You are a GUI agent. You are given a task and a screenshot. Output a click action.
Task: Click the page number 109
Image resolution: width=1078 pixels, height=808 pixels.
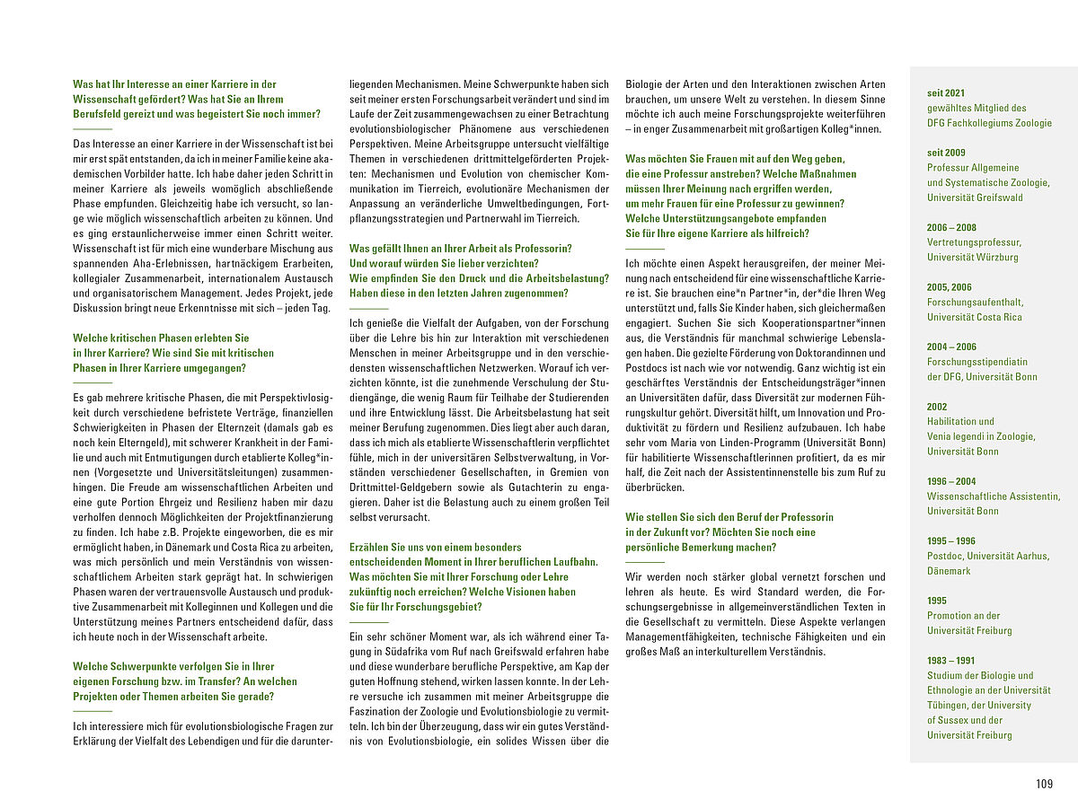pyautogui.click(x=1043, y=784)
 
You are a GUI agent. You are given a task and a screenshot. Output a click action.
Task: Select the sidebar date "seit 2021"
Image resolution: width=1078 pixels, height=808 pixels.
pyautogui.click(x=946, y=92)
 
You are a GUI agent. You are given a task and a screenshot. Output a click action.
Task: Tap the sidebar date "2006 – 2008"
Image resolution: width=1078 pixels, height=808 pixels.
pyautogui.click(x=951, y=227)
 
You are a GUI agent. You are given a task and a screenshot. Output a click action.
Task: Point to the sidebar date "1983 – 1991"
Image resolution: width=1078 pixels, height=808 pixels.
pyautogui.click(x=951, y=661)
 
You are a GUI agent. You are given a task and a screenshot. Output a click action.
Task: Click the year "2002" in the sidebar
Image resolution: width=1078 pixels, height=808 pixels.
pyautogui.click(x=938, y=407)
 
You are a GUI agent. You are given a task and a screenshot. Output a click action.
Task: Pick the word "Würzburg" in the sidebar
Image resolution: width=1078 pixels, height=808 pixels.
pyautogui.click(x=996, y=257)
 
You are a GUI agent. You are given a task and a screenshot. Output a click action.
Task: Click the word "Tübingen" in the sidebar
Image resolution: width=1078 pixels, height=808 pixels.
pyautogui.click(x=949, y=705)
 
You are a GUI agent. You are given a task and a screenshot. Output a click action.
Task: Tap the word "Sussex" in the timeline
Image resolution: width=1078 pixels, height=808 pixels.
pyautogui.click(x=958, y=720)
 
